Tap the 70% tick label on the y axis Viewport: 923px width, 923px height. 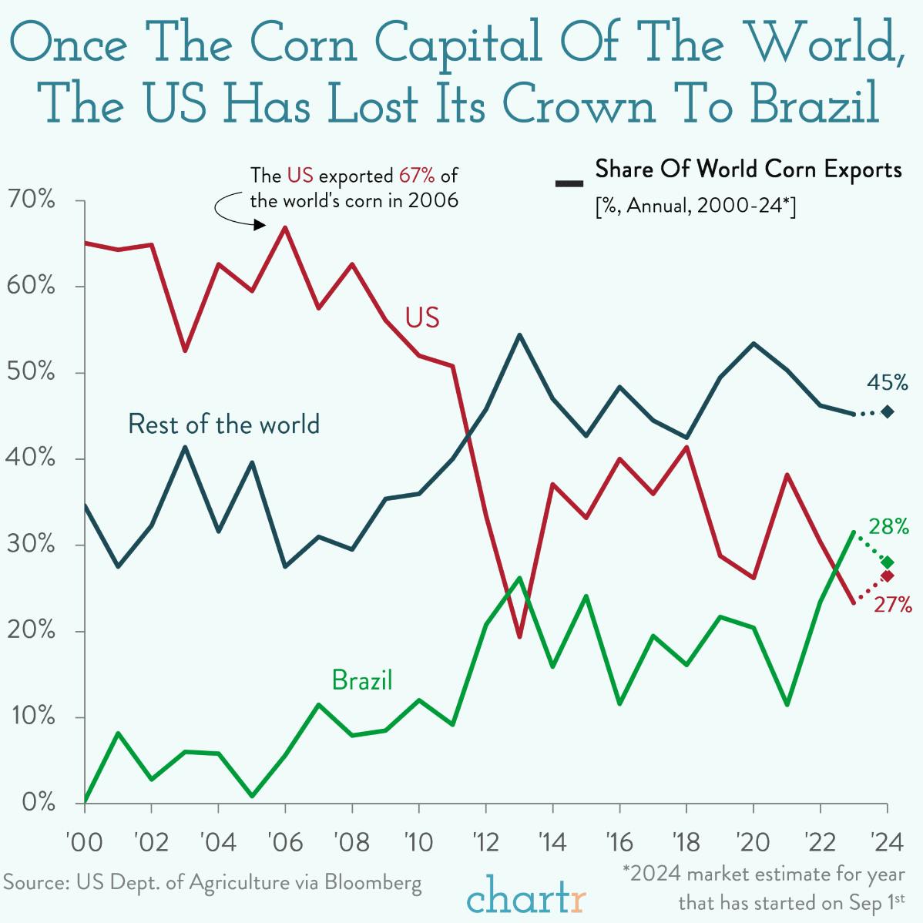[x=29, y=200]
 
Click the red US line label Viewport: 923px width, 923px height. [x=421, y=317]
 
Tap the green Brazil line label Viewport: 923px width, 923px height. [x=361, y=680]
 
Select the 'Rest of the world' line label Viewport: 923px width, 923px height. [x=223, y=425]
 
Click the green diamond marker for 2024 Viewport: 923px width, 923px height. [x=888, y=562]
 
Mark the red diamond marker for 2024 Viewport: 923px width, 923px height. [x=888, y=576]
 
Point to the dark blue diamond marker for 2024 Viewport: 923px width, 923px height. [x=888, y=412]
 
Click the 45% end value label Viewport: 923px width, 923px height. [x=888, y=382]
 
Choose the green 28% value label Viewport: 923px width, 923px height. [x=888, y=527]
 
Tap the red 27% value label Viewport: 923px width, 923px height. [x=892, y=604]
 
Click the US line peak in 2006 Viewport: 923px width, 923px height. [x=285, y=227]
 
